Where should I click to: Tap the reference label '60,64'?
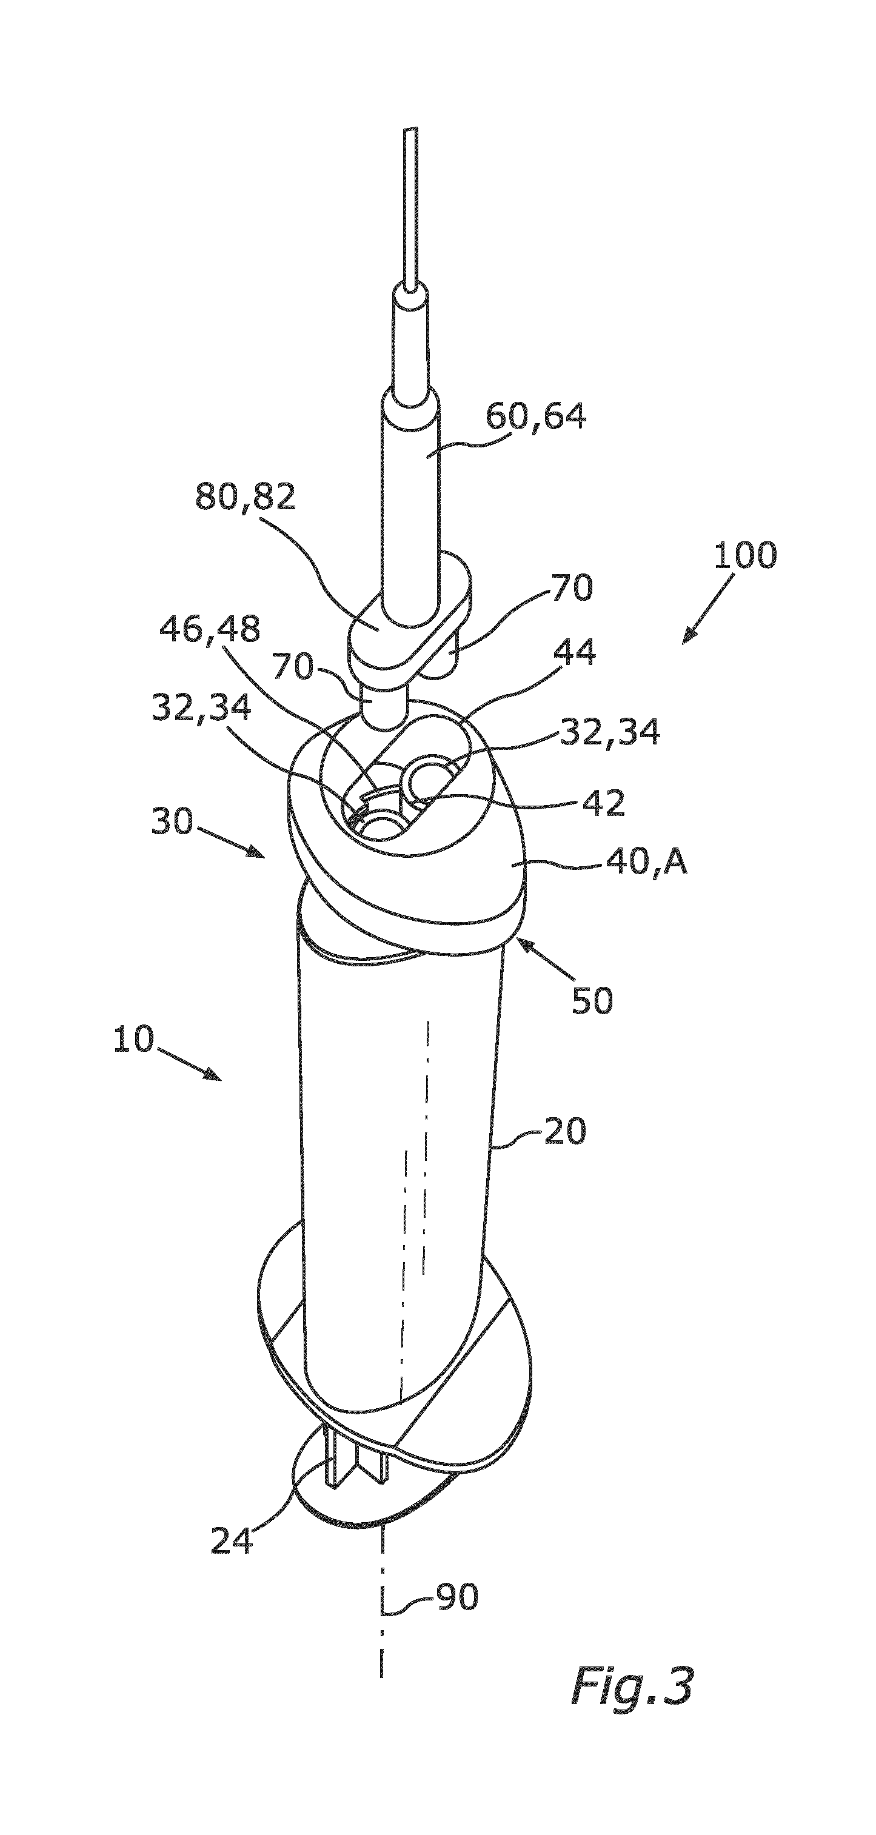click(x=537, y=416)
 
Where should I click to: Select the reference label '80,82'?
click(x=246, y=496)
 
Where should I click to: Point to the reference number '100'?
click(x=745, y=556)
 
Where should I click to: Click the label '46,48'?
click(x=209, y=630)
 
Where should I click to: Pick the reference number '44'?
click(x=575, y=652)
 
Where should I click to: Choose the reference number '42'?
click(x=603, y=803)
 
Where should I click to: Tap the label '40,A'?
click(x=647, y=863)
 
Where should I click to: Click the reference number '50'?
click(x=592, y=1001)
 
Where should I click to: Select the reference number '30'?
click(x=172, y=822)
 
